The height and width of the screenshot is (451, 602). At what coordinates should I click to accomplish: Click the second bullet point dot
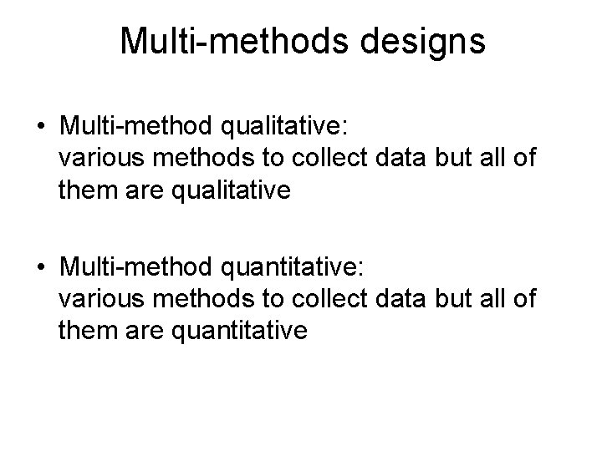41,268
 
